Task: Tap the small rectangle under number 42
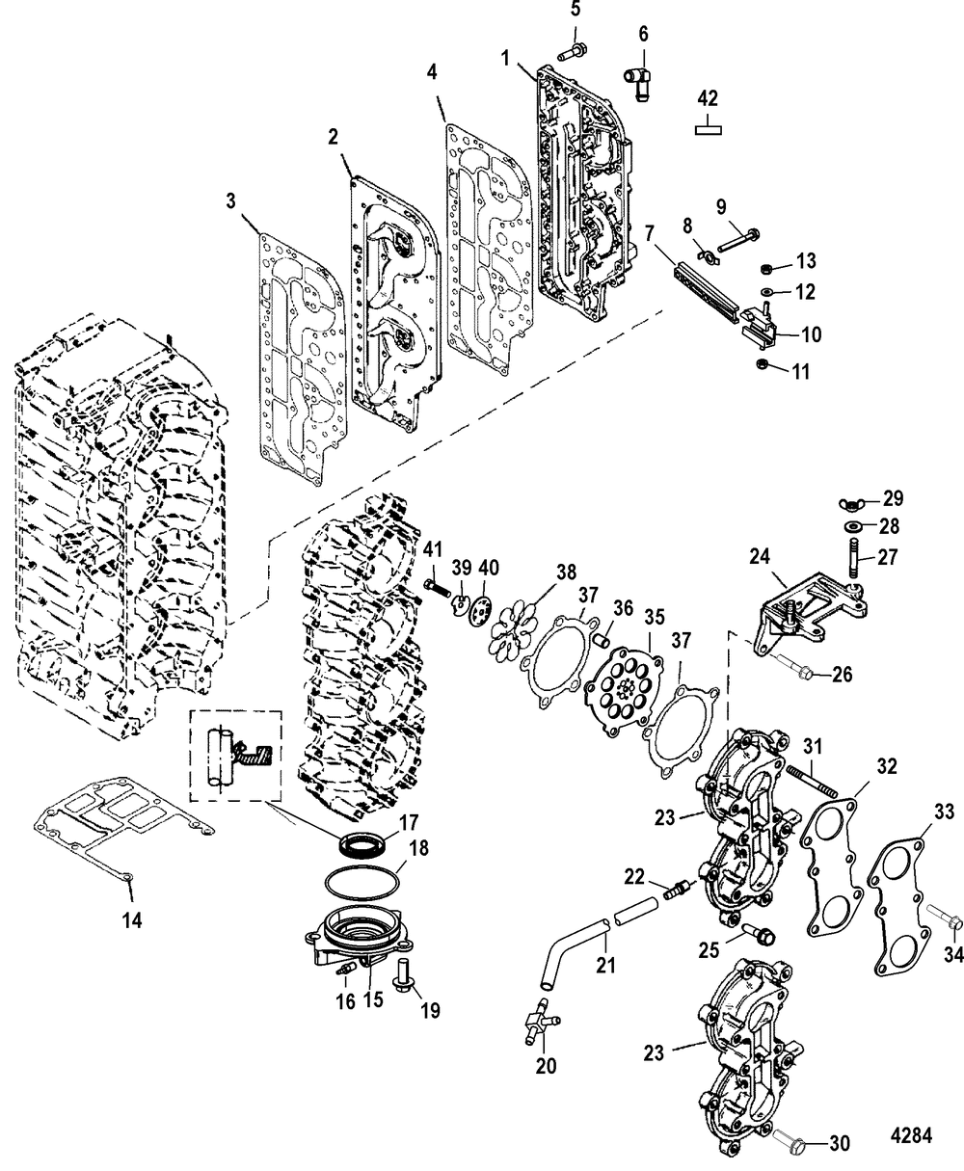[708, 129]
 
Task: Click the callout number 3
[231, 201]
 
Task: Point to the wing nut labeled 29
[850, 503]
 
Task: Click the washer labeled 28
[850, 526]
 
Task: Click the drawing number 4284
[911, 1135]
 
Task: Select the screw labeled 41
[438, 587]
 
